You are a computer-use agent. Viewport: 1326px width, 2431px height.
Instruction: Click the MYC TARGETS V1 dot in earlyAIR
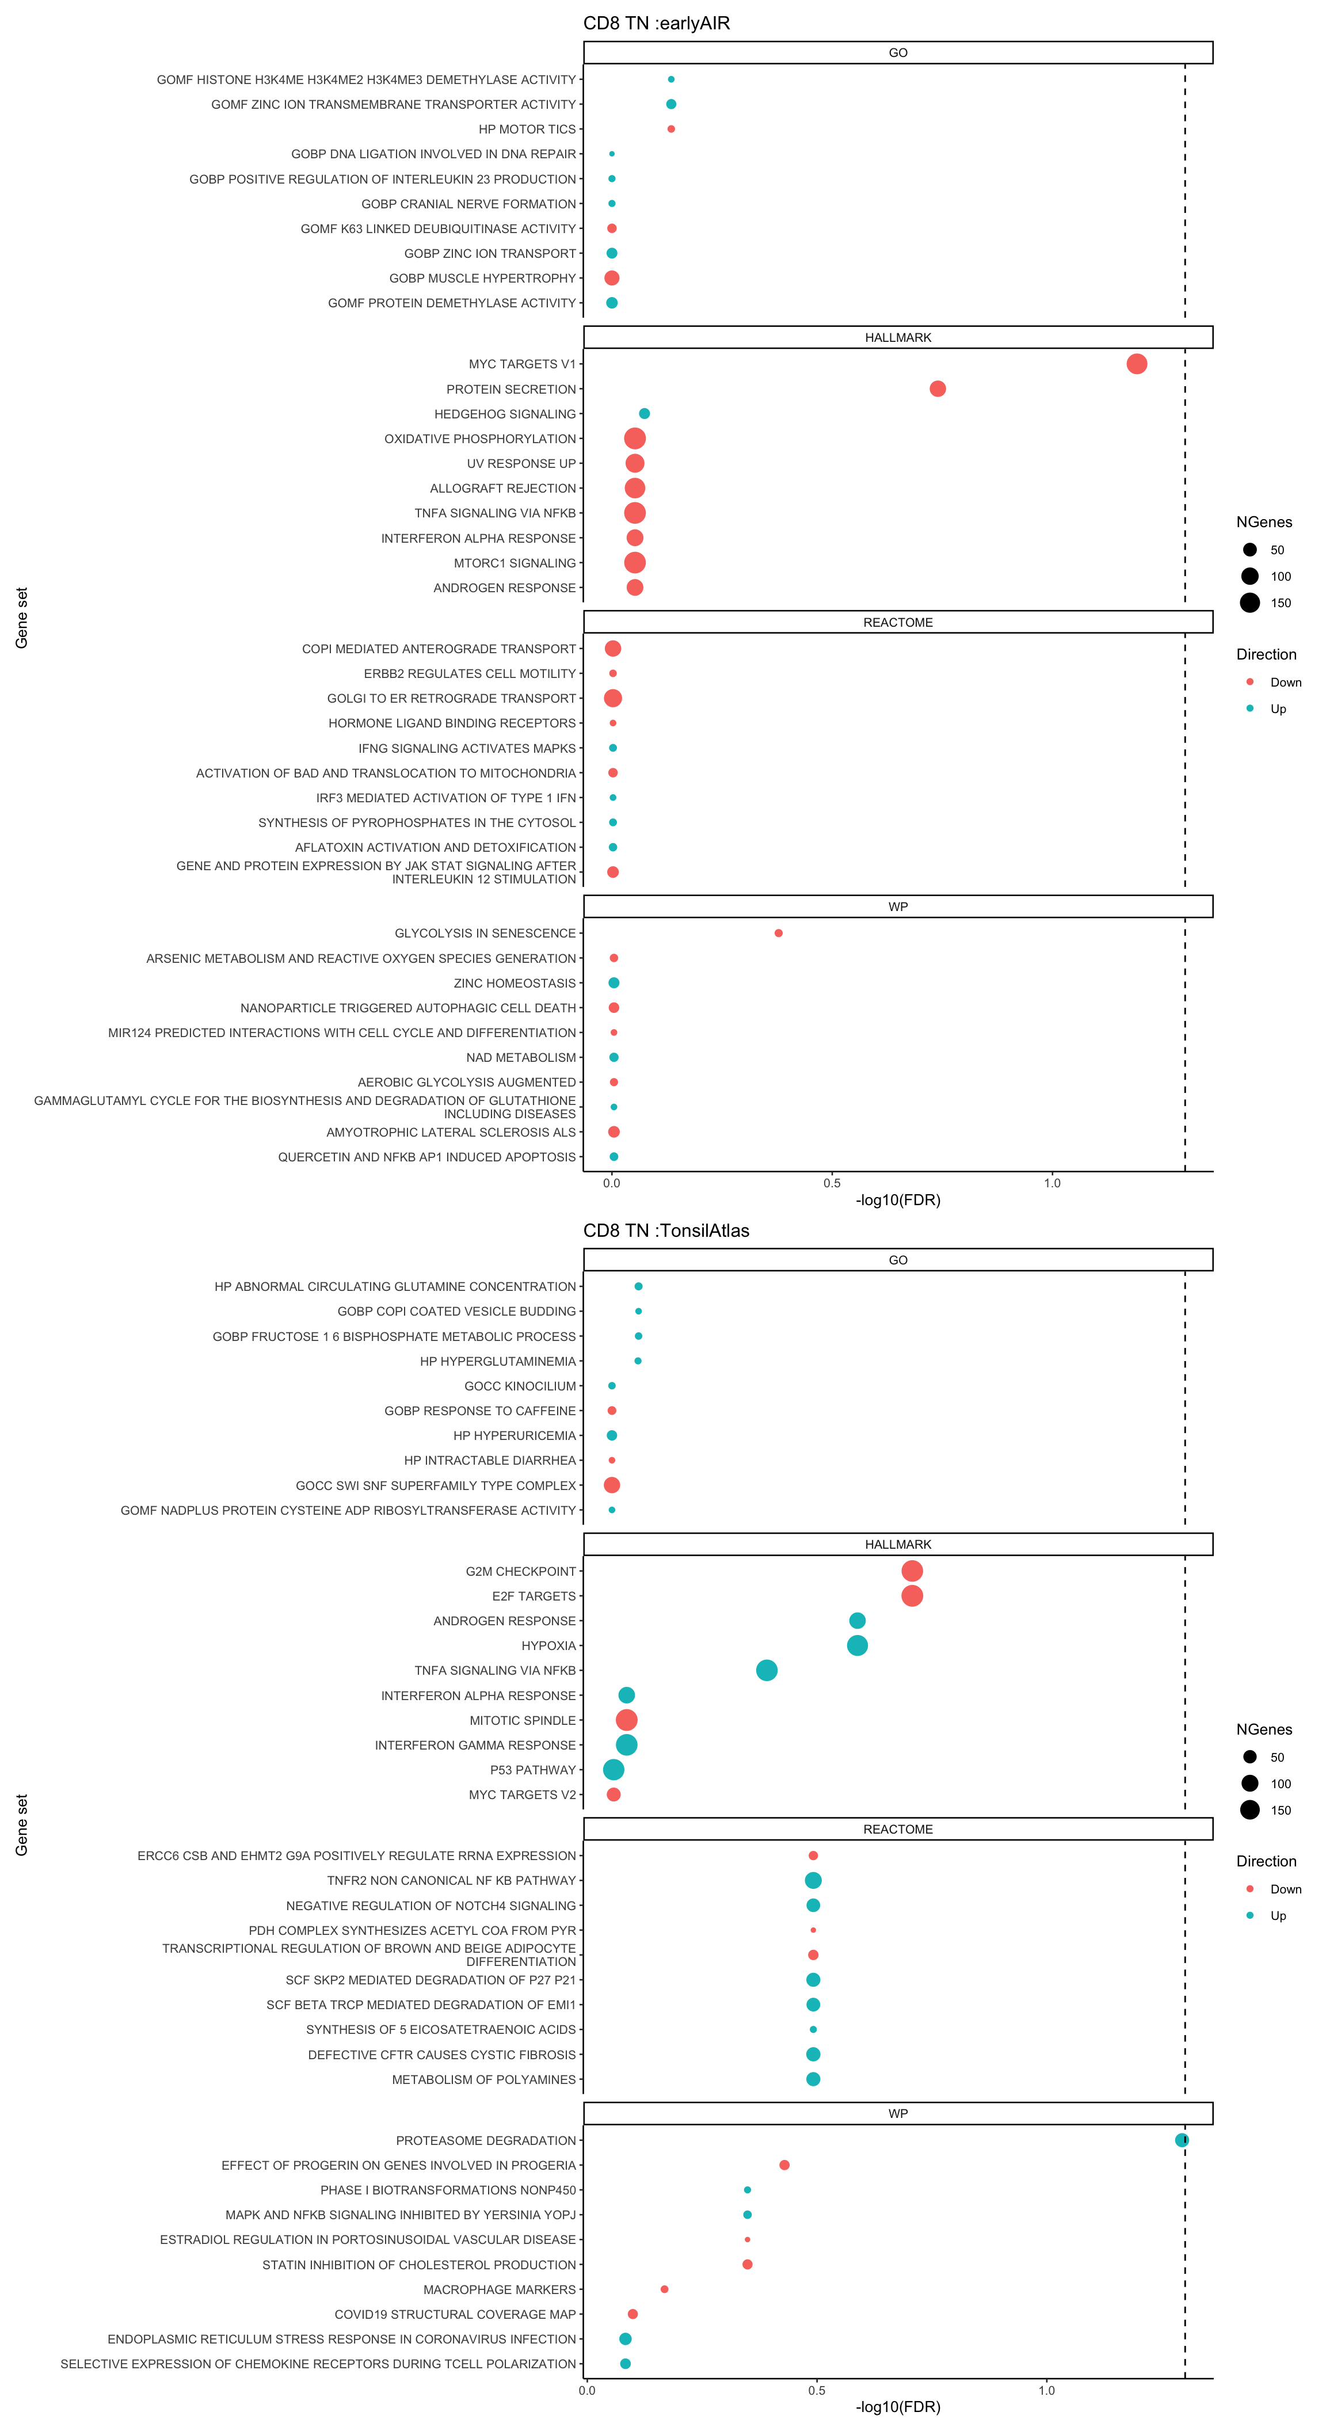point(1136,364)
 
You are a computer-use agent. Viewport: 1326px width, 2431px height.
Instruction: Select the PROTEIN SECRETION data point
point(937,389)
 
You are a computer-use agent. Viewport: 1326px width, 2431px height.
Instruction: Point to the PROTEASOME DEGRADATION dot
point(1182,2140)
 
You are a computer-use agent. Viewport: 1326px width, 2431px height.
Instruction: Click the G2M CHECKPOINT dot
point(912,1571)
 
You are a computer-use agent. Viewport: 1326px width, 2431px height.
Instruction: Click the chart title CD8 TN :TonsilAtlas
point(666,1230)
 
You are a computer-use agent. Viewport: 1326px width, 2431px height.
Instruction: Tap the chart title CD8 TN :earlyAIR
point(657,24)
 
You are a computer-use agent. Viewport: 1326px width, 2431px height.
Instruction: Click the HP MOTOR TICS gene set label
point(527,129)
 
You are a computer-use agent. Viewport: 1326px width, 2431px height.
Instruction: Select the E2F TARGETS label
point(534,1596)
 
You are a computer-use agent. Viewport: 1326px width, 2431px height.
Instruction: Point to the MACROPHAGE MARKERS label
point(499,2289)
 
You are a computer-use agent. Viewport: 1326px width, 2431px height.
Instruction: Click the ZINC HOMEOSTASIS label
point(515,984)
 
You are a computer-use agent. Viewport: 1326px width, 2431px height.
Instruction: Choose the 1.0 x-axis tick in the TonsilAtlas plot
point(1047,2390)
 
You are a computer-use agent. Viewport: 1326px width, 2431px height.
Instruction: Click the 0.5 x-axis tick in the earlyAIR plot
point(832,1183)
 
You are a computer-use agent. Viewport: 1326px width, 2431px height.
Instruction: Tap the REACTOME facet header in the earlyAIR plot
point(898,623)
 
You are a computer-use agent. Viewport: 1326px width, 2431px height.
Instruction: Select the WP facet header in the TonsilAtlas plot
point(898,2114)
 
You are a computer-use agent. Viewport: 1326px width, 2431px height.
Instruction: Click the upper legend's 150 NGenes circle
point(1249,603)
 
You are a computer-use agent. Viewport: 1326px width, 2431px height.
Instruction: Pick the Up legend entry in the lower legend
point(1278,1916)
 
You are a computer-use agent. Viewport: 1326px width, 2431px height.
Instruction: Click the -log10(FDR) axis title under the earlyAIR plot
point(898,1201)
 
